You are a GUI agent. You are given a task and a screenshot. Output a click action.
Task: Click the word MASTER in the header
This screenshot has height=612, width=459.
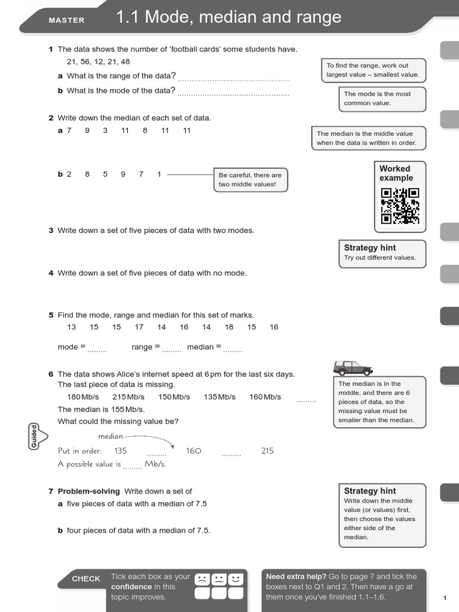66,20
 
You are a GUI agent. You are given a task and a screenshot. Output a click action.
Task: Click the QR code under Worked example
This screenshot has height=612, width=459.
400,206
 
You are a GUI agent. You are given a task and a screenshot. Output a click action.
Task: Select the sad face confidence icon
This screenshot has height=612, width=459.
203,579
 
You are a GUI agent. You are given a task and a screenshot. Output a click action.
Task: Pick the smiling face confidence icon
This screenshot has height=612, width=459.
236,579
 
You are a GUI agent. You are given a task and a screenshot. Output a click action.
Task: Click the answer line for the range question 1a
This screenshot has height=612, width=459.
234,78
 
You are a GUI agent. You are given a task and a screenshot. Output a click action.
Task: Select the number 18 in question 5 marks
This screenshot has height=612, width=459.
229,327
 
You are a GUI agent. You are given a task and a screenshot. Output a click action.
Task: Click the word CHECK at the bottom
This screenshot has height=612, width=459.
86,579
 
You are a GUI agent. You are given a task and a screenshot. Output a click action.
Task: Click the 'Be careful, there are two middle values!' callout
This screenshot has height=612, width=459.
250,180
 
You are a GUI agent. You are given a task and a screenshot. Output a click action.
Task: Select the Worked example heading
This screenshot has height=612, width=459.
396,173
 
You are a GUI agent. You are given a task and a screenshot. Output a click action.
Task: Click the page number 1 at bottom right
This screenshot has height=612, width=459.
445,598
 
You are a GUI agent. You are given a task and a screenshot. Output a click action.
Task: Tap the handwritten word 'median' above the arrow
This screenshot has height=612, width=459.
111,436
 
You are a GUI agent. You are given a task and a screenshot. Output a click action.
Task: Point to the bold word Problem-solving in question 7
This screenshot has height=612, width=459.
90,491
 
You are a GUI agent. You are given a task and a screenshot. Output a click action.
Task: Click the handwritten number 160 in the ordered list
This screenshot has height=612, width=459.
194,451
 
